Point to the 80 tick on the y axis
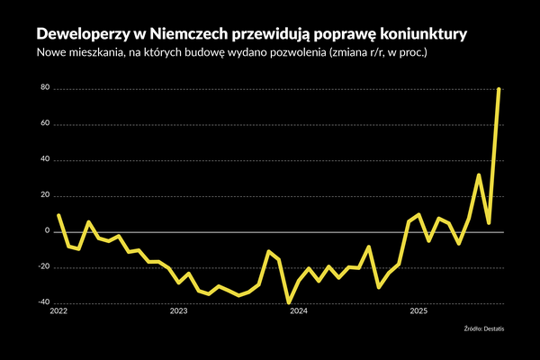click(x=42, y=89)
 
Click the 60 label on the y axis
click(x=42, y=124)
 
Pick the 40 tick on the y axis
click(x=42, y=160)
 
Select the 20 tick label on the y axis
click(x=42, y=196)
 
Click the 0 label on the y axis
click(x=45, y=231)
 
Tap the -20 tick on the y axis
click(x=41, y=267)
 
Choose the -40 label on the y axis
click(x=41, y=302)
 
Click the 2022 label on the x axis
click(x=58, y=311)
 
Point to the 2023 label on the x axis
click(x=178, y=311)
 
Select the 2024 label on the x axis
click(x=299, y=311)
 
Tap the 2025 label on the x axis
click(x=418, y=311)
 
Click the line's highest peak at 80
click(x=499, y=90)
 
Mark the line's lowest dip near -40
click(x=289, y=302)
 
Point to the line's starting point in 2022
click(x=58, y=215)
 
